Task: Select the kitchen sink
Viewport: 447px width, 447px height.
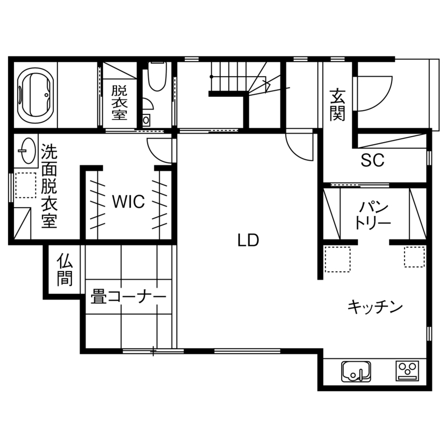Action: [356, 370]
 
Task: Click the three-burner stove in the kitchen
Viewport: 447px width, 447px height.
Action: [407, 370]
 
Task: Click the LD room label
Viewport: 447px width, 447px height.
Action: [248, 241]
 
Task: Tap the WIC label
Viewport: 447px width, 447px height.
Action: [128, 202]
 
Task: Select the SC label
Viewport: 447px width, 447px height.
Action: [372, 161]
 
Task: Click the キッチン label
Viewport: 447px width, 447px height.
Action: [375, 307]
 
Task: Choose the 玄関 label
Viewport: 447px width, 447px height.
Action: [336, 104]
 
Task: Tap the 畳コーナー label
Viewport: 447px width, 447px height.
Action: [128, 297]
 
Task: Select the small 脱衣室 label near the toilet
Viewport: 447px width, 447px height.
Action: [119, 102]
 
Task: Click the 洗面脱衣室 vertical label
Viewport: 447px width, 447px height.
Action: [49, 186]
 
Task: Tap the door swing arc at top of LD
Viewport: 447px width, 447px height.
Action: [299, 146]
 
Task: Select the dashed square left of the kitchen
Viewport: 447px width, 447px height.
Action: [337, 259]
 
